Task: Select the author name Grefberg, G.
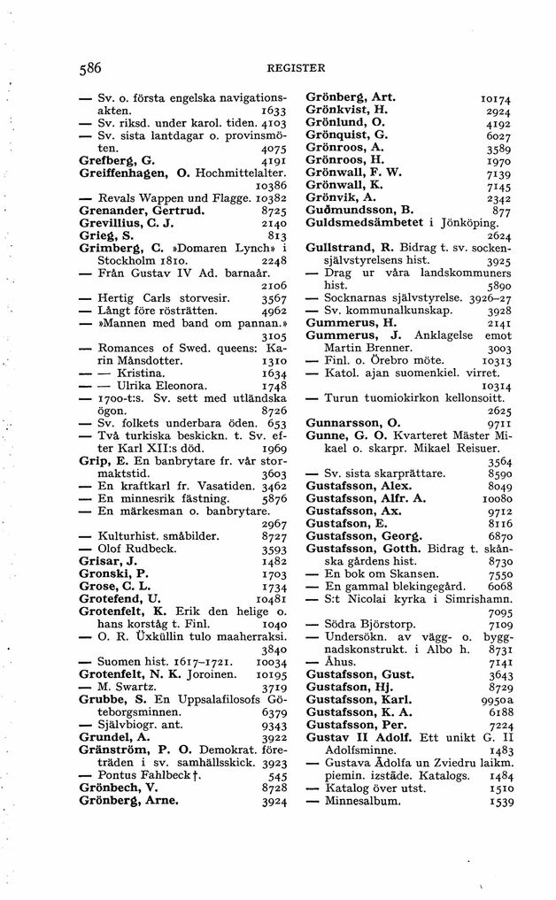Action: (x=116, y=162)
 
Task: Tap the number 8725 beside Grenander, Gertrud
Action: (x=269, y=213)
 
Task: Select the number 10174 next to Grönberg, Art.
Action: (x=494, y=98)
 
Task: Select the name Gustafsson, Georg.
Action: (x=366, y=536)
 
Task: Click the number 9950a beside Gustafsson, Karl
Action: (x=493, y=699)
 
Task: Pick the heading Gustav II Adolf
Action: (x=358, y=737)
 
